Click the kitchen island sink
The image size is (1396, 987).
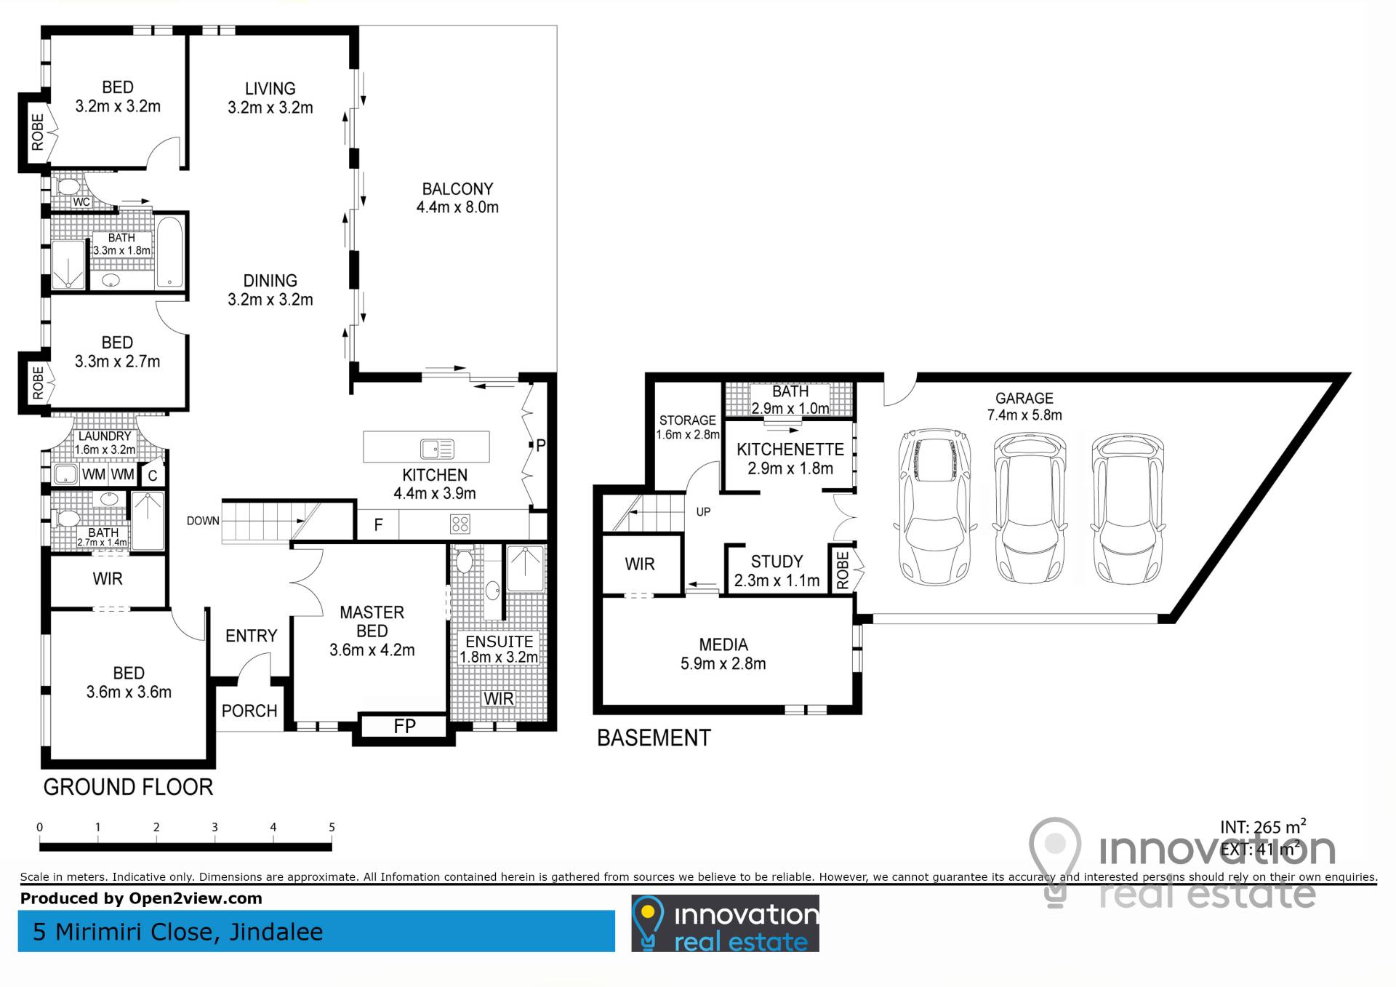437,449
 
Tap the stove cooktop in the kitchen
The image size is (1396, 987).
460,524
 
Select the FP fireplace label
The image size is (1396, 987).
405,726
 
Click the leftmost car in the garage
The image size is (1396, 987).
934,506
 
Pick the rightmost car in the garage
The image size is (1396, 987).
1127,508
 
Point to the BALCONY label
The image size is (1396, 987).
457,189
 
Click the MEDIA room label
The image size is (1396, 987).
723,645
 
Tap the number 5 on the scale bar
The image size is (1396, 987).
332,827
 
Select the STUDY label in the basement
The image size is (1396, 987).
777,562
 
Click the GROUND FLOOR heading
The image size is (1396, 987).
128,787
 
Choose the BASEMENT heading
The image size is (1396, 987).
654,738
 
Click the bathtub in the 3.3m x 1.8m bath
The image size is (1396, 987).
170,251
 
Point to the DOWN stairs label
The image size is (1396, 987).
203,521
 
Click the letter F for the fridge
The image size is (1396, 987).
378,525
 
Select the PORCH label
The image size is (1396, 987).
249,711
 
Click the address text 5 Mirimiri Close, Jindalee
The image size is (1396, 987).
177,932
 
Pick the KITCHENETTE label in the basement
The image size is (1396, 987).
790,449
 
